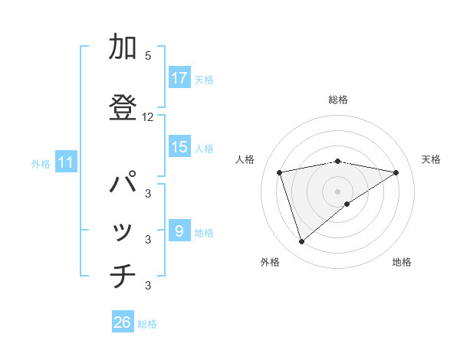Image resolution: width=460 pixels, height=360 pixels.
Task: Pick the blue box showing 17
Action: click(x=179, y=78)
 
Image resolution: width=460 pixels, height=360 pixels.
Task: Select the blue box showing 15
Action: click(x=179, y=148)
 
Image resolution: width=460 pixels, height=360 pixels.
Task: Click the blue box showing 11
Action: click(x=66, y=162)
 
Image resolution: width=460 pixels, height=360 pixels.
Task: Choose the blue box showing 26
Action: click(x=122, y=323)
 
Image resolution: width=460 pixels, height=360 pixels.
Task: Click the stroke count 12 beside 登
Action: click(x=148, y=116)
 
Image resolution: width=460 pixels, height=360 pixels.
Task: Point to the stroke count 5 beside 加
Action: click(x=148, y=56)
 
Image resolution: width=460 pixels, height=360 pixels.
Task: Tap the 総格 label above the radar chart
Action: click(x=338, y=100)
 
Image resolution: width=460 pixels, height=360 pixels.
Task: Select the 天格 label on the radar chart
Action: click(x=431, y=159)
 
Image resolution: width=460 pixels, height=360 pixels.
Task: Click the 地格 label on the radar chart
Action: click(x=402, y=262)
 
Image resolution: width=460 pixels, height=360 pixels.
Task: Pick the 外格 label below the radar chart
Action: click(x=270, y=262)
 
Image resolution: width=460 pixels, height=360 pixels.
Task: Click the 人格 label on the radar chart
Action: click(x=246, y=159)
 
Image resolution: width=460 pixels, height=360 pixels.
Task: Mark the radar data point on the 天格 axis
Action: click(x=396, y=172)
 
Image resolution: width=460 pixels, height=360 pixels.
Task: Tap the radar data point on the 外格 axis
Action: click(x=301, y=242)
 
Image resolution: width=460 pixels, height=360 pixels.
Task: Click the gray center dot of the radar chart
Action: click(x=337, y=191)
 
